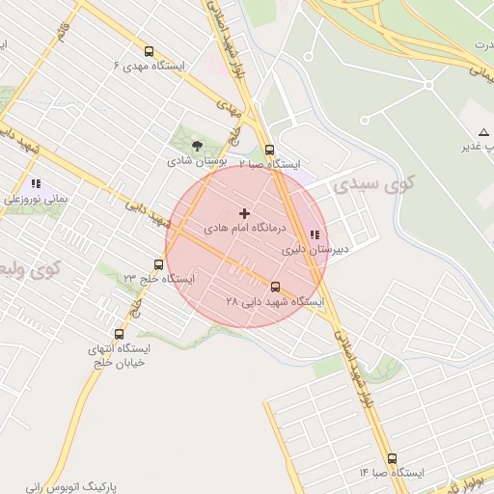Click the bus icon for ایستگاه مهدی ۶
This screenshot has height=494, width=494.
pos(148,51)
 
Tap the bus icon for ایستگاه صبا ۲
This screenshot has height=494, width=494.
pos(269,150)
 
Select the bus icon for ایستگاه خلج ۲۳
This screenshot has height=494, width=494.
pos(158,264)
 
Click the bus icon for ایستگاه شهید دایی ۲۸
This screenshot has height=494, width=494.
pos(276,287)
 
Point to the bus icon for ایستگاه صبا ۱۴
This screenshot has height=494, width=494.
pos(392,458)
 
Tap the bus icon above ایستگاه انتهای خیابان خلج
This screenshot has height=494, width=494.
pos(119,334)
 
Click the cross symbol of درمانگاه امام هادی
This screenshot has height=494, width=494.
pos(243,213)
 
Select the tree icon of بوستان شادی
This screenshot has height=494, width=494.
pos(197,146)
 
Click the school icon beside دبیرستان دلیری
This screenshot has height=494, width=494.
pos(315,233)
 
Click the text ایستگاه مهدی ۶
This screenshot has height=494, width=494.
pos(149,66)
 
